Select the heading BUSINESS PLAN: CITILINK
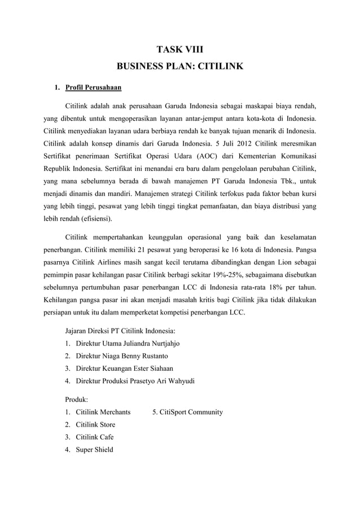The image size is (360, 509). click(179, 67)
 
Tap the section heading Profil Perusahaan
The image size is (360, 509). click(93, 88)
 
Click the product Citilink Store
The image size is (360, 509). click(95, 424)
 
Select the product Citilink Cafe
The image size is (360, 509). click(94, 437)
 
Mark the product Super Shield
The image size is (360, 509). click(94, 449)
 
